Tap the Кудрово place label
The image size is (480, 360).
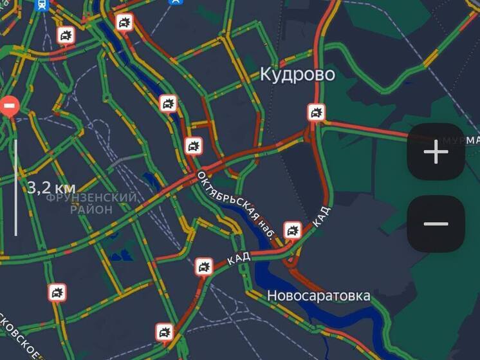tap(297, 74)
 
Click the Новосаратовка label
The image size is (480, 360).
tap(318, 296)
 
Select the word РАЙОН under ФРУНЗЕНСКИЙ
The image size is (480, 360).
tap(91, 209)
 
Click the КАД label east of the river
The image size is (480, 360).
tap(320, 216)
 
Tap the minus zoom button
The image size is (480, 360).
tap(436, 223)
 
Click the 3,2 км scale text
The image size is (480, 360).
tap(51, 187)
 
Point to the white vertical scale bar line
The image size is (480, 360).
tap(16, 187)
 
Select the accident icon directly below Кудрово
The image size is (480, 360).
tap(315, 113)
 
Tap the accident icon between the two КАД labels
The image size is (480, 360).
tap(293, 230)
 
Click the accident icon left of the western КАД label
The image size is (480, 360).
tap(204, 266)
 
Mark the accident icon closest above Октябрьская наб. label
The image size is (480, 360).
tap(193, 146)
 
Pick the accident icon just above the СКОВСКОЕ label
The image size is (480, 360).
tap(57, 292)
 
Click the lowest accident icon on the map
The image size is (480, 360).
tap(164, 332)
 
